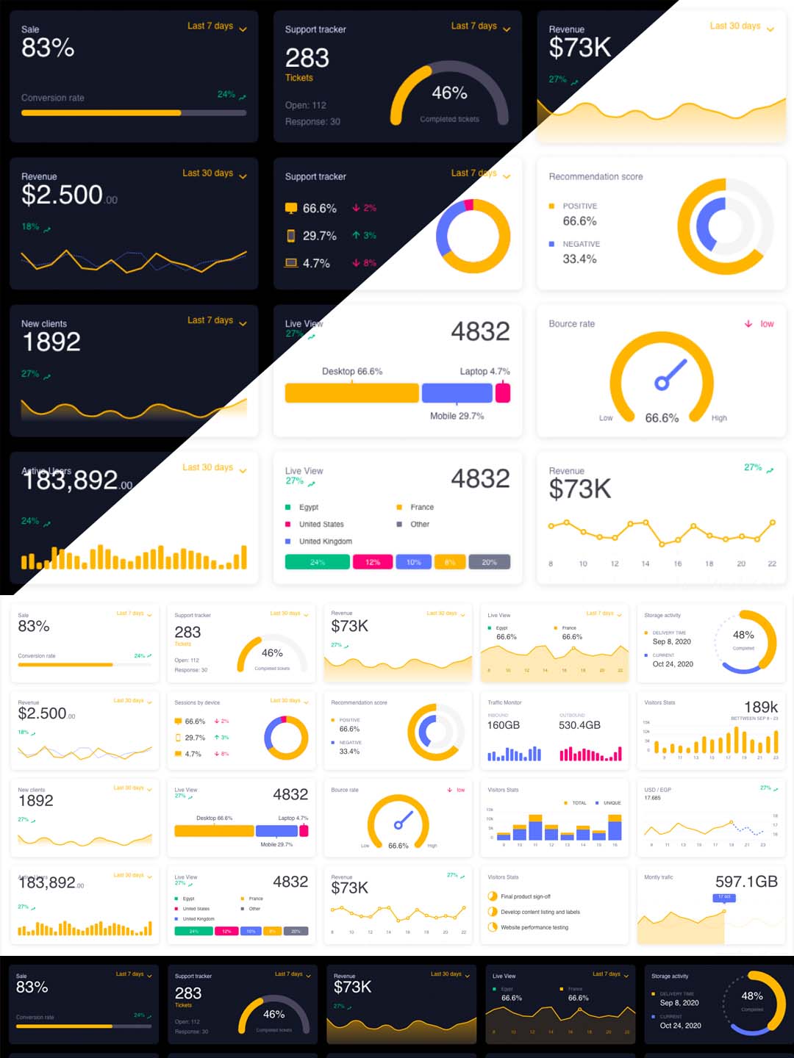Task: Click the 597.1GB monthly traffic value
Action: [746, 882]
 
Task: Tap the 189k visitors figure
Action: [761, 707]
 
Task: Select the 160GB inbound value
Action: [504, 725]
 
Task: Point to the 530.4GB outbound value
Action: [579, 725]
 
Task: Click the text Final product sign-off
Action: [526, 896]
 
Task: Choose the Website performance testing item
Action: [534, 927]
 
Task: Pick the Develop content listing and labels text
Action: [540, 912]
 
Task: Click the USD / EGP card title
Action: [657, 790]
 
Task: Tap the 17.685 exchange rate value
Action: [652, 798]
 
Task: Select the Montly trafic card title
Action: [658, 877]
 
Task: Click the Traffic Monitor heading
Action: [504, 702]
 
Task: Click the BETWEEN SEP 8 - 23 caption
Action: [754, 718]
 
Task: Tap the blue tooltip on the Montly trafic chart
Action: [724, 897]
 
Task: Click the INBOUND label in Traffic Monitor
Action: [498, 715]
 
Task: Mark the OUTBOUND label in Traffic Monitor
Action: [572, 715]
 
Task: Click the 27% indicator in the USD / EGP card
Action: [765, 788]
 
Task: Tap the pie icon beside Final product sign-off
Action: [493, 896]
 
